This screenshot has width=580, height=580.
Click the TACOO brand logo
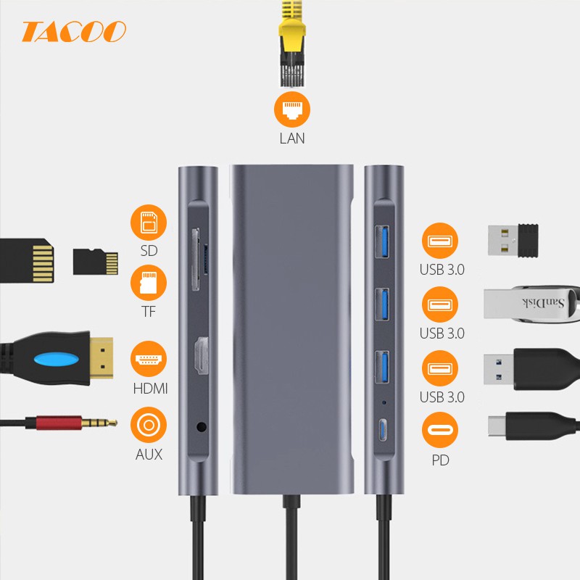tap(73, 31)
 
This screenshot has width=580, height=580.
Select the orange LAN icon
tap(292, 111)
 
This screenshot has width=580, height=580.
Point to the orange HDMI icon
tap(149, 360)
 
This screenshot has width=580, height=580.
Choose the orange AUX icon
tap(149, 425)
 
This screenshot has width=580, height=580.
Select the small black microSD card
tap(96, 262)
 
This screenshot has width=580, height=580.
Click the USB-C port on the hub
tap(384, 429)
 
